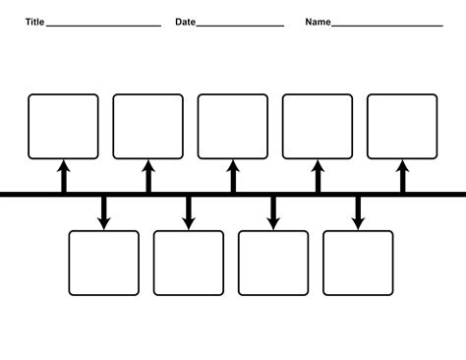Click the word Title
pos(34,22)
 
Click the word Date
pos(185,22)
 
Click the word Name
pos(318,22)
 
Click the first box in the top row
pos(63,126)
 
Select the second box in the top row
pos(147,126)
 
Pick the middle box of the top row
pos(233,126)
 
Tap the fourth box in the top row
pos(318,126)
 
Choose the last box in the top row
pos(402,126)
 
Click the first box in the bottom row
pos(104,263)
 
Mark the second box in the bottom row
pos(189,263)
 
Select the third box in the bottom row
pos(273,263)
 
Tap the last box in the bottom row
pos(358,263)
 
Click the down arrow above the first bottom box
pos(104,212)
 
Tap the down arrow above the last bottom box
pos(358,212)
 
